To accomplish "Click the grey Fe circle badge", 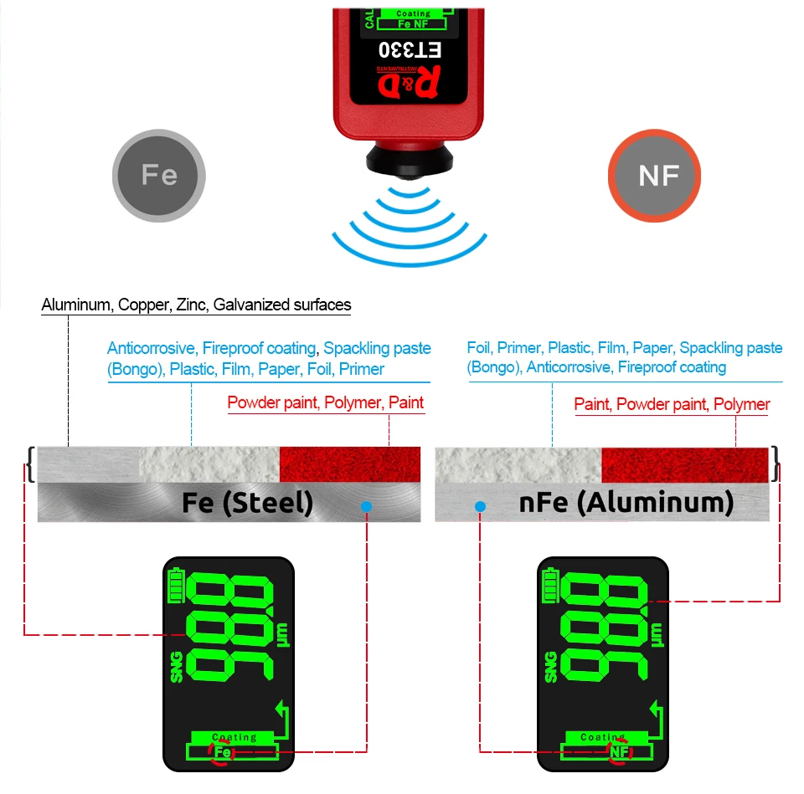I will pyautogui.click(x=159, y=175).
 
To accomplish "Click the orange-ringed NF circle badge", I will pyautogui.click(x=654, y=176).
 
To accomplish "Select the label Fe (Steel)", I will pyautogui.click(x=247, y=503).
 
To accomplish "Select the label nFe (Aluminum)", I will pyautogui.click(x=626, y=503).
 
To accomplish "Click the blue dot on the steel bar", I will pyautogui.click(x=366, y=506).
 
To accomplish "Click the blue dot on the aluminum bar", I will pyautogui.click(x=480, y=506).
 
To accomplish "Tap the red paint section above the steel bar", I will pyautogui.click(x=349, y=464).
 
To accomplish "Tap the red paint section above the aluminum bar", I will pyautogui.click(x=684, y=464).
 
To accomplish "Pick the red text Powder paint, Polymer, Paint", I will pyautogui.click(x=326, y=403).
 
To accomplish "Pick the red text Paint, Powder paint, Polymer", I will pyautogui.click(x=672, y=405).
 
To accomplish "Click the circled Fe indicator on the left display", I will pyautogui.click(x=223, y=752).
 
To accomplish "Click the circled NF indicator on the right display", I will pyautogui.click(x=619, y=752).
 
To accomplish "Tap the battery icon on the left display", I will pyautogui.click(x=176, y=586).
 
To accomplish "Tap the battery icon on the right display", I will pyautogui.click(x=551, y=586).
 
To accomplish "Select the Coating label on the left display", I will pyautogui.click(x=234, y=737).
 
